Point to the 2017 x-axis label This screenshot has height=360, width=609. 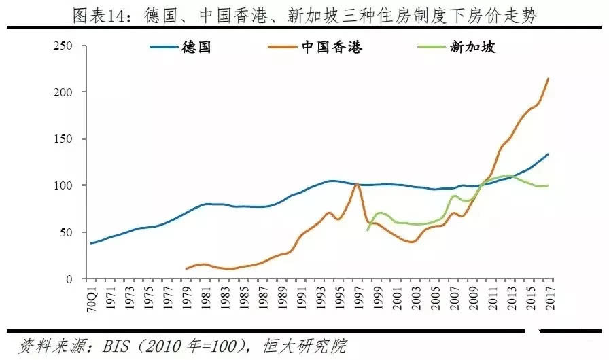549,296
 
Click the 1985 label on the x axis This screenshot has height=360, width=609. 241,296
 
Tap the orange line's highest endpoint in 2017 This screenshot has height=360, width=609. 549,79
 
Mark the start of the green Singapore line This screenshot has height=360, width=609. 368,230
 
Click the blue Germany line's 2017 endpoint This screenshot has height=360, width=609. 549,154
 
